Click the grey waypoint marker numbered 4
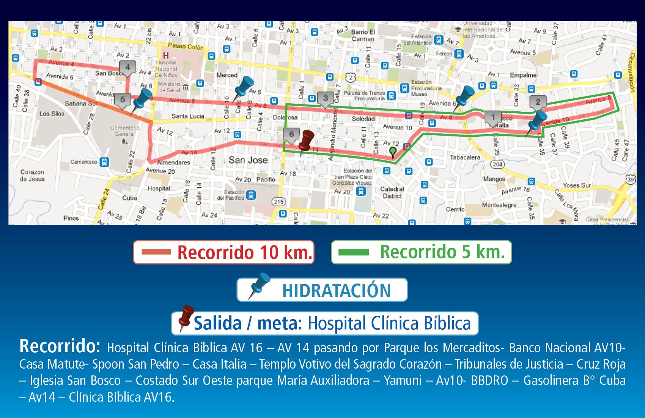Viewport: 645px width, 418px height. pos(127,68)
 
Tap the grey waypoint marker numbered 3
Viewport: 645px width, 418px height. pos(325,98)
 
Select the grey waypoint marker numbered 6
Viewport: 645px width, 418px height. pos(291,135)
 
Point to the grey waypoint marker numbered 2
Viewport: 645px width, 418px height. pos(538,102)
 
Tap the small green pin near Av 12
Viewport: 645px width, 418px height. pos(393,152)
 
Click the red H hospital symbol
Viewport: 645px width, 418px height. pos(166,55)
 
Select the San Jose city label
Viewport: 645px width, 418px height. pos(248,160)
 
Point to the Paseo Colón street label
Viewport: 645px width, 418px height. pos(186,46)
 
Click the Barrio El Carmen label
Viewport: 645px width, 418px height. pos(363,35)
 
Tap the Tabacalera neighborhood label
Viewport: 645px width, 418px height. pos(465,157)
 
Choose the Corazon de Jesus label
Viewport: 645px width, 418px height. pos(32,175)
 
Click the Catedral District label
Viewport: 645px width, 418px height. pos(392,192)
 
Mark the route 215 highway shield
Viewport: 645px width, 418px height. pos(279,201)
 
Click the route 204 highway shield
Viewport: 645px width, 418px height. pos(497,164)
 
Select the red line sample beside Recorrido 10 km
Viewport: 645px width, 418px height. pos(156,252)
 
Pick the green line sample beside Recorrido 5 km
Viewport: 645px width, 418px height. pos(353,252)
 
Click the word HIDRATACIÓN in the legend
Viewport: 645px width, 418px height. pos(336,291)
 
